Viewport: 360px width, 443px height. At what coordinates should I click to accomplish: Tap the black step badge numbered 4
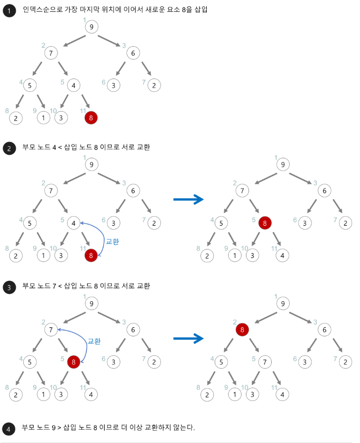pyautogui.click(x=9, y=428)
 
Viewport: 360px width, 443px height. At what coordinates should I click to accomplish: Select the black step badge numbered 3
pyautogui.click(x=9, y=287)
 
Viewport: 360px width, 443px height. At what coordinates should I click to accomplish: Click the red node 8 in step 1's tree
pyautogui.click(x=91, y=118)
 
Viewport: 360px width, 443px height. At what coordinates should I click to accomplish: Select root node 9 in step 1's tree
pyautogui.click(x=91, y=27)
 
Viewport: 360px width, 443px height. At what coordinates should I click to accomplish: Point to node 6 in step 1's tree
pyautogui.click(x=133, y=52)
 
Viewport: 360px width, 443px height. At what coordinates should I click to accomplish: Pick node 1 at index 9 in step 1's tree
pyautogui.click(x=44, y=118)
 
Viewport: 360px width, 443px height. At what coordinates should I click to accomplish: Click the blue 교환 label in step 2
pyautogui.click(x=113, y=242)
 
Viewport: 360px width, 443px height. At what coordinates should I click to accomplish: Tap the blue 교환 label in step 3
pyautogui.click(x=94, y=341)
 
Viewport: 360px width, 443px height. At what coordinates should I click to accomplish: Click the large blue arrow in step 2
pyautogui.click(x=188, y=199)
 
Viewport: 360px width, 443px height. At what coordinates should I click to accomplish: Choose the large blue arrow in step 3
pyautogui.click(x=188, y=338)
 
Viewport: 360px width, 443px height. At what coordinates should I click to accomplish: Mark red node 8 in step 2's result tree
pyautogui.click(x=265, y=223)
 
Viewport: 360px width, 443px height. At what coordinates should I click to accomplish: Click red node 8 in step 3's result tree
pyautogui.click(x=241, y=329)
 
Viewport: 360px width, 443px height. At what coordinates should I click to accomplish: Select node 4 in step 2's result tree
pyautogui.click(x=282, y=255)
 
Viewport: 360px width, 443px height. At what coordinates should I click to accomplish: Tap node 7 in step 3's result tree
pyautogui.click(x=265, y=362)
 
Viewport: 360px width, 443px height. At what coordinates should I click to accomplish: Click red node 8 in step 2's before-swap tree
pyautogui.click(x=91, y=255)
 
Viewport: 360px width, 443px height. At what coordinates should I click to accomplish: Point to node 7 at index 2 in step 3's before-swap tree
pyautogui.click(x=50, y=329)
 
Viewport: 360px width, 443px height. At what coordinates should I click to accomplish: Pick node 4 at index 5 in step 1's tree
pyautogui.click(x=73, y=85)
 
